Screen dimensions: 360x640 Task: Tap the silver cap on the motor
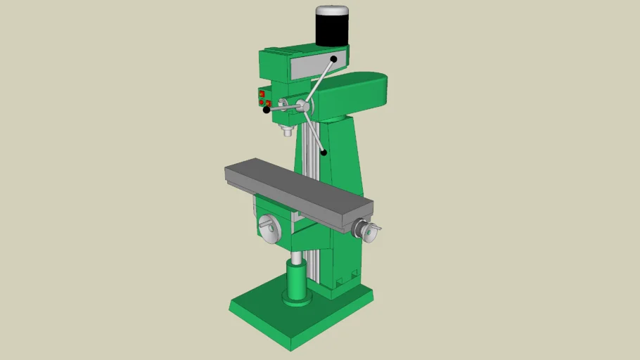(333, 11)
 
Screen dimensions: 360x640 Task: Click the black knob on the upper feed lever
(333, 60)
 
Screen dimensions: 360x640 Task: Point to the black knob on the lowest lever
(324, 152)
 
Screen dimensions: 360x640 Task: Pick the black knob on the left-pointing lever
(267, 110)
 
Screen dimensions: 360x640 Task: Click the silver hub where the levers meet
(303, 106)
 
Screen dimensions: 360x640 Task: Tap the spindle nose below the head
(287, 131)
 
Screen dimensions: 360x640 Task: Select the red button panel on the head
(264, 98)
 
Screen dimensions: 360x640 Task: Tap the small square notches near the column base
(347, 281)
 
